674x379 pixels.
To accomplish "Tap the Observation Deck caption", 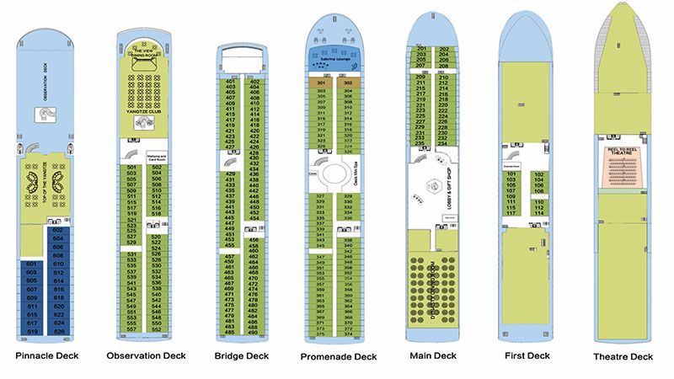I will point(146,355).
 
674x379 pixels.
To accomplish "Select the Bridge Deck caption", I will point(242,356).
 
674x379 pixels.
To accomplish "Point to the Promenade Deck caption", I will point(339,357).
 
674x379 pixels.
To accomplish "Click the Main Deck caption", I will point(432,356).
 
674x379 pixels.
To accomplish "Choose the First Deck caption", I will point(527,356).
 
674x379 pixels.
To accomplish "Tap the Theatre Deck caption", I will point(623,357).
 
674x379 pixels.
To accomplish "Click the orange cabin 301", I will point(321,83).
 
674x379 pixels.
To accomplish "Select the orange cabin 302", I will point(348,83).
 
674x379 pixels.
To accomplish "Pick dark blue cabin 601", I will point(31,264).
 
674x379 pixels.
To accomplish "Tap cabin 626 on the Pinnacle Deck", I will point(57,331).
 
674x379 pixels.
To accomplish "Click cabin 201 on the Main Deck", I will point(421,49).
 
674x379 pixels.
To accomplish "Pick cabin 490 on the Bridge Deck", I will point(253,332).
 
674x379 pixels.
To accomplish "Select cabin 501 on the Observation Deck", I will point(131,168).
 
